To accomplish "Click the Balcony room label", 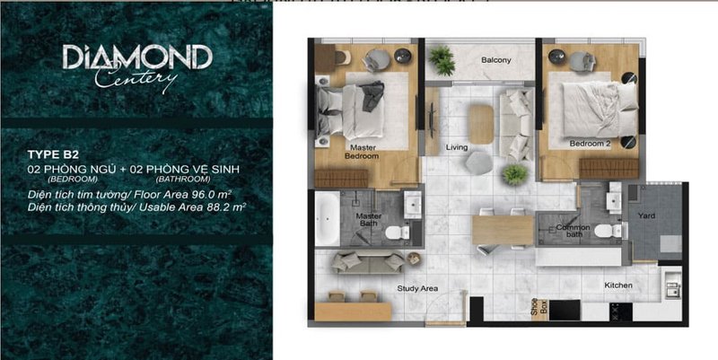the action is pyautogui.click(x=496, y=60).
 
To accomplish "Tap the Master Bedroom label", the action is pyautogui.click(x=363, y=152).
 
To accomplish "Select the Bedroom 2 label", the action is pyautogui.click(x=590, y=144).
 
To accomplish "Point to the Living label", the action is pyautogui.click(x=457, y=147).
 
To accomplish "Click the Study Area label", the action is pyautogui.click(x=417, y=288).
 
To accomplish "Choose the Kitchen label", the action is pyautogui.click(x=618, y=285).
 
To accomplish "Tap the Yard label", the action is pyautogui.click(x=646, y=215).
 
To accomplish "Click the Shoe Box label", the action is pyautogui.click(x=539, y=305).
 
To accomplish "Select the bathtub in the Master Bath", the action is pyautogui.click(x=327, y=218).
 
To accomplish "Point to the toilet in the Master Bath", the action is pyautogui.click(x=397, y=233).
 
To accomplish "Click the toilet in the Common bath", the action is pyautogui.click(x=608, y=231).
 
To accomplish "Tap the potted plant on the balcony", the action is pyautogui.click(x=442, y=60).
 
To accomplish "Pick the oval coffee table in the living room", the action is pyautogui.click(x=481, y=124).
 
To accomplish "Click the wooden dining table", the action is pyautogui.click(x=503, y=230).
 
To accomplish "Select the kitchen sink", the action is pyautogui.click(x=672, y=284).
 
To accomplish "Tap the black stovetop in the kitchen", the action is pyautogui.click(x=620, y=312).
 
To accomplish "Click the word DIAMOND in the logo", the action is pyautogui.click(x=137, y=57).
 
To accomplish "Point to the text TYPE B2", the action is pyautogui.click(x=47, y=154).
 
